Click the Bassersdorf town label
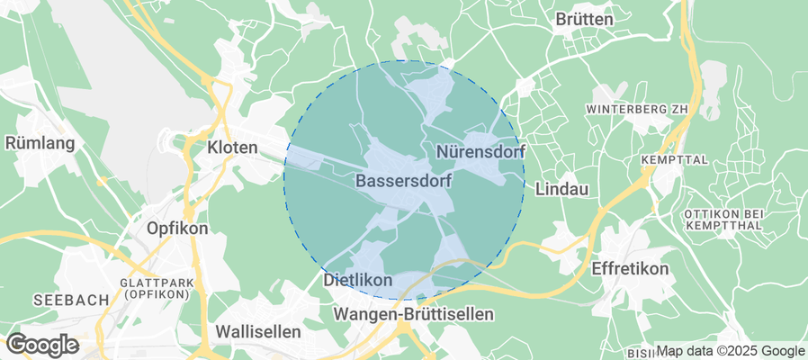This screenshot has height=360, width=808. coord(403,181)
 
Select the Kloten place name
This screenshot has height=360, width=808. coord(232,146)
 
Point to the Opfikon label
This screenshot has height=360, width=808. coord(176,228)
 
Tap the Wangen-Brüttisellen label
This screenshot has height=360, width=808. coord(413,313)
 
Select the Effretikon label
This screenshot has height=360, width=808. coord(630,269)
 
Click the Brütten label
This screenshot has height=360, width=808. coord(584,19)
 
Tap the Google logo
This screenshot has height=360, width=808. coord(41,344)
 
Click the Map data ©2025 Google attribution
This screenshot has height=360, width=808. coord(730,351)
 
